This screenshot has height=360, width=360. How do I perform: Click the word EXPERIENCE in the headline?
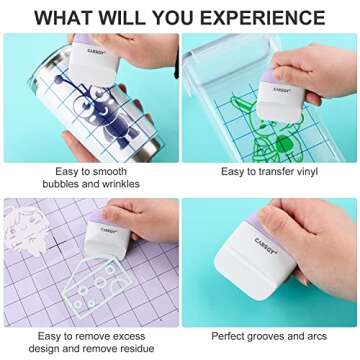tap(262, 18)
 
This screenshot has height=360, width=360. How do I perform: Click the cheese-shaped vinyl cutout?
tap(97, 284)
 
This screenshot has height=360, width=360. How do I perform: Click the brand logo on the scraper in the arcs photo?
tap(266, 245)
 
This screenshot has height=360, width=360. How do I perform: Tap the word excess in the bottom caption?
tap(128, 337)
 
